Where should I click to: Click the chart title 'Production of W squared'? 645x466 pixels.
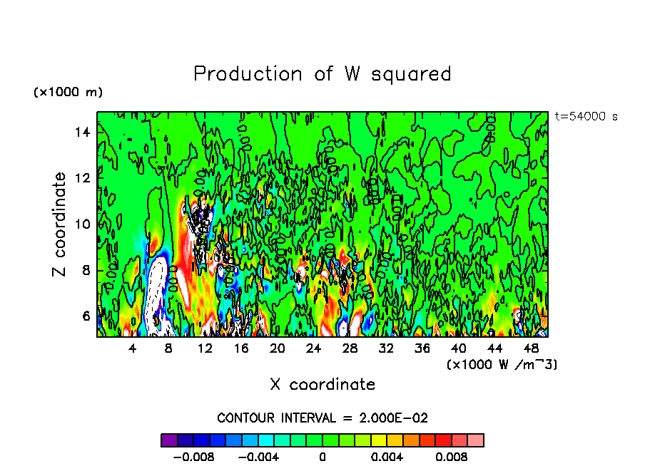[x=322, y=74]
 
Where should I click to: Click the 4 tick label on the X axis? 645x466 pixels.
[x=133, y=348]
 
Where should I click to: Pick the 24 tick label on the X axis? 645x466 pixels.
[x=313, y=348]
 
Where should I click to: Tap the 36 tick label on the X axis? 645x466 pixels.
[x=422, y=348]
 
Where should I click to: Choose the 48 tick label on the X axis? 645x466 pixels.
[x=530, y=348]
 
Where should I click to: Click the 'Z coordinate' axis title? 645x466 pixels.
[x=59, y=224]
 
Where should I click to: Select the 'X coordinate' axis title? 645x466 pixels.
[x=322, y=385]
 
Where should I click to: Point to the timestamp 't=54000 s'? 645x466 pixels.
[x=586, y=117]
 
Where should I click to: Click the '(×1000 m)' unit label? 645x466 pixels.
[x=68, y=93]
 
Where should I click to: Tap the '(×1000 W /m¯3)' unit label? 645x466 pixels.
[x=502, y=364]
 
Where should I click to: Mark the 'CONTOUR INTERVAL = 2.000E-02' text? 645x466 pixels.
[x=322, y=418]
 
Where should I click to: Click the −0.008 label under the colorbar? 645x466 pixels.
[x=194, y=456]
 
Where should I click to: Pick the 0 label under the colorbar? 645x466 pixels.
[x=322, y=456]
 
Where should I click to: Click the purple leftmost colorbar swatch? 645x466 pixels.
[x=169, y=440]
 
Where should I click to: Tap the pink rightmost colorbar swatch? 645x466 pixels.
[x=475, y=440]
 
